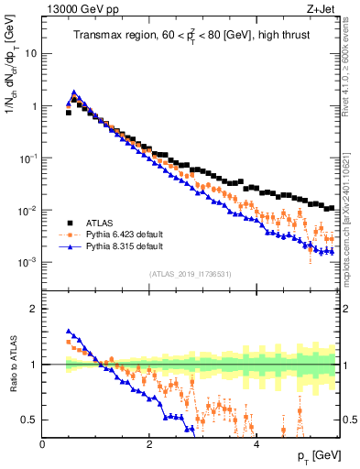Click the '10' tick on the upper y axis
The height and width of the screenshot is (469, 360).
[x=30, y=53]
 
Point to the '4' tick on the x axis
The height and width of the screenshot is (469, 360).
[x=256, y=444]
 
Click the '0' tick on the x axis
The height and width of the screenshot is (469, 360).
[x=43, y=444]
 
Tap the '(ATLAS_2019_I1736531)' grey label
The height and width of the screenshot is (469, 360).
[x=191, y=274]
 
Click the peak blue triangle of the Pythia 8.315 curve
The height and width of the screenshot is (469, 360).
[x=73, y=93]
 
